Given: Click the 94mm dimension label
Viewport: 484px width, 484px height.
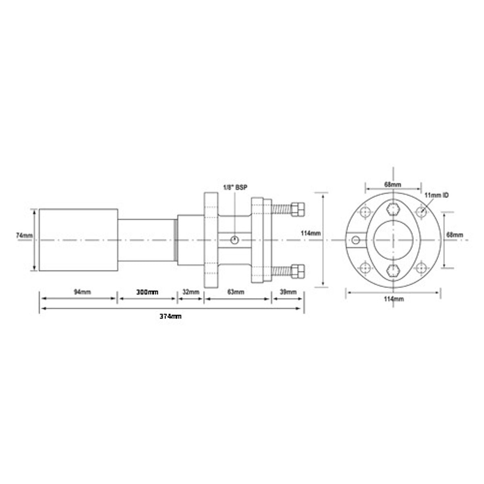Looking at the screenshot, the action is point(82,292).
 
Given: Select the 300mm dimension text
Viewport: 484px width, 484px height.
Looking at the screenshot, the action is point(147,292).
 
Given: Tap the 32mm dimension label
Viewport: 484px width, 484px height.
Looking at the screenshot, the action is point(191,292).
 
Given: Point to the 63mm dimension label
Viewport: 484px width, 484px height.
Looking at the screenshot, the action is point(236,292).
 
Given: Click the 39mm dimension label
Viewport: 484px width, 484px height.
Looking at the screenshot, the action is point(288,292).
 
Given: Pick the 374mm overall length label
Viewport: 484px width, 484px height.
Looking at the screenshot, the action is point(171,317).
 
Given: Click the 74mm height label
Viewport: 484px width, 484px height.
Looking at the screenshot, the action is point(24,235).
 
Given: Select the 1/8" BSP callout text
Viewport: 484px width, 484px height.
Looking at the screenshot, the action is point(235,188).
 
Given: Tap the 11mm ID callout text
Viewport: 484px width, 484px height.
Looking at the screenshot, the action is point(437,195).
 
